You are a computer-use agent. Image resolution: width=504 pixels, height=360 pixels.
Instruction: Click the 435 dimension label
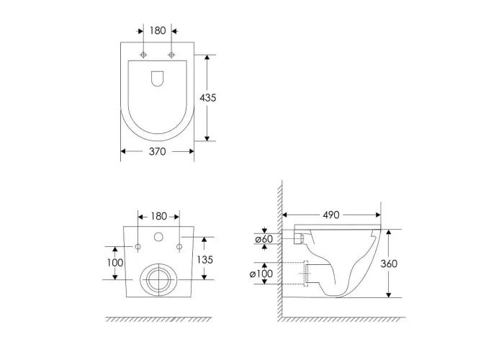pyautogui.click(x=208, y=98)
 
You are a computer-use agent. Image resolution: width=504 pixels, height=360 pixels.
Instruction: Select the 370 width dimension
pyautogui.click(x=158, y=151)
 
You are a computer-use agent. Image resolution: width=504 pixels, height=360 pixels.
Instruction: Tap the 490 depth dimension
pyautogui.click(x=330, y=215)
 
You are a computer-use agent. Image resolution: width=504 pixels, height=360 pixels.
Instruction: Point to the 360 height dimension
pyautogui.click(x=389, y=264)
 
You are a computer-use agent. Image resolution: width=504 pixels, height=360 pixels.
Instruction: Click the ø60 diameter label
pyautogui.click(x=264, y=239)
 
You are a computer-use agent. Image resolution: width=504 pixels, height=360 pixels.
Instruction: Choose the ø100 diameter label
pyautogui.click(x=261, y=274)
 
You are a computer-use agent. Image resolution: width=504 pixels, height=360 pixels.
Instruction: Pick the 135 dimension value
pyautogui.click(x=204, y=259)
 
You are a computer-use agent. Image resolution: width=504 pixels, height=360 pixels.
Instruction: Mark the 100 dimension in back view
pyautogui.click(x=115, y=263)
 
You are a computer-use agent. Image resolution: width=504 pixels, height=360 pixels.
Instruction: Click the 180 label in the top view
pyautogui.click(x=158, y=31)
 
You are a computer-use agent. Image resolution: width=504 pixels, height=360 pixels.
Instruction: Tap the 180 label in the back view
pyautogui.click(x=159, y=216)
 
